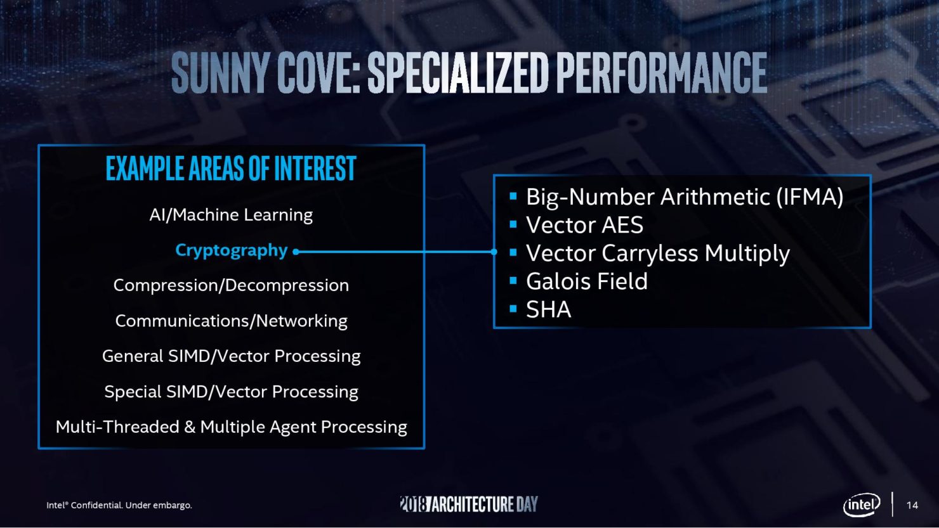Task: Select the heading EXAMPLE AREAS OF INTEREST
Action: tap(231, 169)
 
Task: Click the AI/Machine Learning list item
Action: tap(231, 216)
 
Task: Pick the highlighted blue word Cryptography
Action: tap(232, 251)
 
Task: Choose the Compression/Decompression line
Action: tap(231, 286)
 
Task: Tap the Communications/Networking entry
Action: tap(232, 321)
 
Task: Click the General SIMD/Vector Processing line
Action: tap(232, 356)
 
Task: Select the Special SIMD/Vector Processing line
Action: tap(232, 392)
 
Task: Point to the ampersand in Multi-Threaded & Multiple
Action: tap(190, 427)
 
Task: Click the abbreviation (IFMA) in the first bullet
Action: tap(810, 196)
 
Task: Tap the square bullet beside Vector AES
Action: tap(513, 224)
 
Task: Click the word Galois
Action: tap(558, 281)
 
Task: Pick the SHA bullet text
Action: tap(549, 310)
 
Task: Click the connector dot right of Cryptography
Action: tap(296, 252)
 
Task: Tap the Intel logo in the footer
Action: tap(862, 505)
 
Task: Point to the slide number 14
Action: tap(912, 505)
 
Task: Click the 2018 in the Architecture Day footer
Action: tap(413, 504)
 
